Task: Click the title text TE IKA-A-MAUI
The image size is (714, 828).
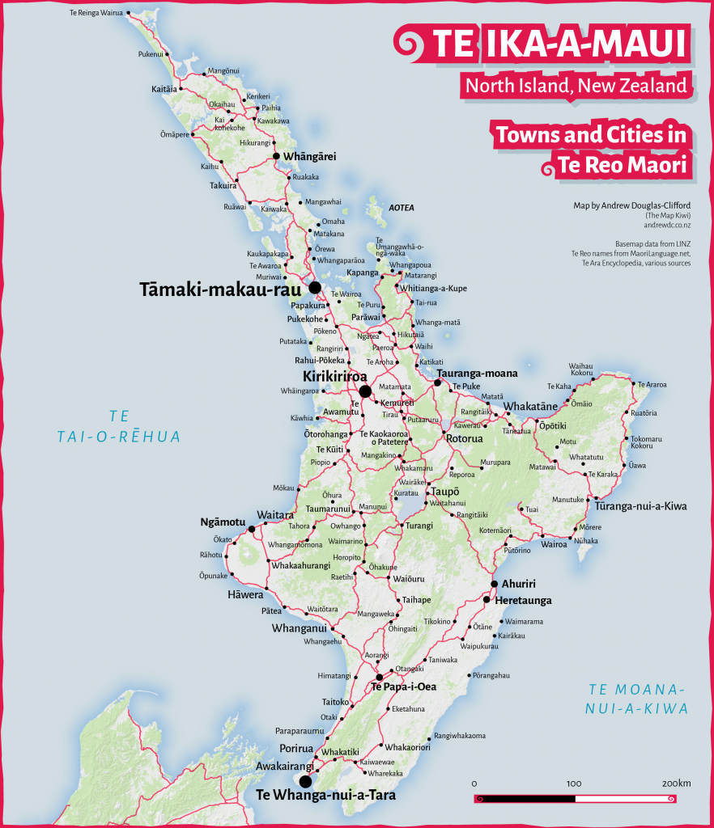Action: (x=559, y=45)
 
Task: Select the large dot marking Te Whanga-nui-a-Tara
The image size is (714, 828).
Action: (x=305, y=781)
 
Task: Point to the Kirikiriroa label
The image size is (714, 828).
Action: (x=334, y=377)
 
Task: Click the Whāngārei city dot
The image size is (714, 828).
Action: (x=276, y=156)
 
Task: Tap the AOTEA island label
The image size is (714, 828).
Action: (x=402, y=208)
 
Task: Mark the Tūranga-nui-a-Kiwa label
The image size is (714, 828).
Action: (x=641, y=506)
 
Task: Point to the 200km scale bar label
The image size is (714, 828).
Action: (x=676, y=784)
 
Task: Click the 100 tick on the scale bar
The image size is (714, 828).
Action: (x=574, y=784)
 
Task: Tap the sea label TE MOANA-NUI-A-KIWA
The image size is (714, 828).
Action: (x=637, y=699)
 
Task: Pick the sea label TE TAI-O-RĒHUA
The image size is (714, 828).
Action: (x=119, y=426)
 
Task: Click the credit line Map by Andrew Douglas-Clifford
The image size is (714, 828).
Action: (x=632, y=205)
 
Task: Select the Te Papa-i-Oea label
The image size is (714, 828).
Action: (x=404, y=686)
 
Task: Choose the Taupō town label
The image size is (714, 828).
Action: (x=445, y=492)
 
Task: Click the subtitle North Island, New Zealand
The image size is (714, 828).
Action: (x=575, y=85)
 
